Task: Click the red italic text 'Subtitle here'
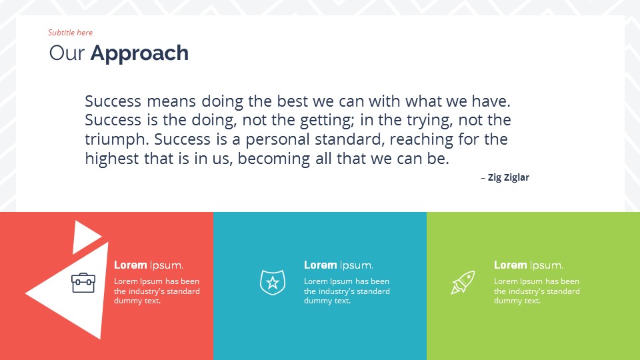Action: click(x=70, y=33)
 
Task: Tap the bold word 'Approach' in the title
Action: click(x=139, y=53)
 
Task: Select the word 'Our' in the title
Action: click(x=67, y=53)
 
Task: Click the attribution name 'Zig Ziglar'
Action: click(x=508, y=177)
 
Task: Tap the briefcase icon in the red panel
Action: click(x=83, y=283)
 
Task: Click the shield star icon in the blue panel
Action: click(x=272, y=283)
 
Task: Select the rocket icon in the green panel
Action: click(x=463, y=283)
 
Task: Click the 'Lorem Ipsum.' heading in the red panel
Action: click(x=148, y=265)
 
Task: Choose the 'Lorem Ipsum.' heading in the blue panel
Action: click(x=338, y=265)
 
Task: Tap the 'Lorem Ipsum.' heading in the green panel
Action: click(x=528, y=265)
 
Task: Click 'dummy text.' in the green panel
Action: click(x=517, y=301)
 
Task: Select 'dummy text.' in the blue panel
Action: click(x=327, y=301)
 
